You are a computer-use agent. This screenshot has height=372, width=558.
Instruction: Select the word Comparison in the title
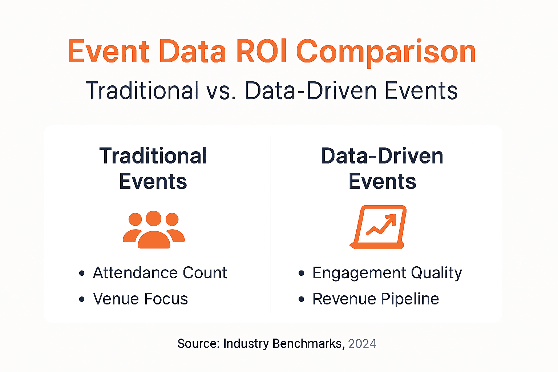point(386,53)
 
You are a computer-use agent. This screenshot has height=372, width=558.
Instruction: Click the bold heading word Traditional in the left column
point(153,156)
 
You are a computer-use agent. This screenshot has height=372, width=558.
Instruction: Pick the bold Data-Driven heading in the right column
point(382,156)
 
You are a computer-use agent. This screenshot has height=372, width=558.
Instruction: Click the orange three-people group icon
point(154,230)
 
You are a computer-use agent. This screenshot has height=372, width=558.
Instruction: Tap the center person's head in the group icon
point(153,218)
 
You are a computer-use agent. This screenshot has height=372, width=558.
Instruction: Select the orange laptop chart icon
point(378,227)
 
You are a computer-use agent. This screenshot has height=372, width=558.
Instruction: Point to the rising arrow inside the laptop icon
point(381,224)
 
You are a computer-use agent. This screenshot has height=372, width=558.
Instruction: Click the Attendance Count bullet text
point(160,272)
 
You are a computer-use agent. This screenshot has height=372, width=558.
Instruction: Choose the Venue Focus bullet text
point(140,299)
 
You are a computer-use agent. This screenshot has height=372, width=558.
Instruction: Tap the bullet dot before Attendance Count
point(82,273)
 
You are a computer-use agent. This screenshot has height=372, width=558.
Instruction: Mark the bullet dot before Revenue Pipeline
point(302,299)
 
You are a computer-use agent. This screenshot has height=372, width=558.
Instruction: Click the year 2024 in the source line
point(362,344)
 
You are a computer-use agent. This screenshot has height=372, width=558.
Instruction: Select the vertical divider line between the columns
point(271,224)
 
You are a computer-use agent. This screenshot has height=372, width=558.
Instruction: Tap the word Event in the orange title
point(108,52)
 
